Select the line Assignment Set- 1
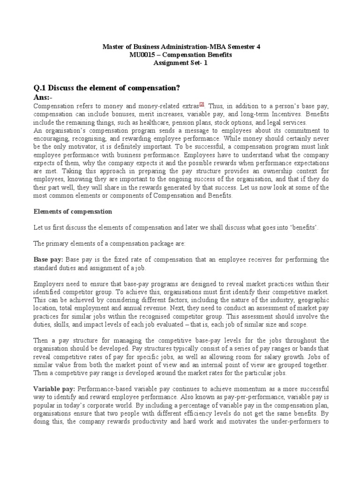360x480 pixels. (180, 63)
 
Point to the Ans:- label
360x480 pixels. (43, 97)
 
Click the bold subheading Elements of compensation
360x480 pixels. (73, 212)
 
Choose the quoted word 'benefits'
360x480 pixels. (305, 227)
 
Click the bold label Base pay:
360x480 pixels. (48, 259)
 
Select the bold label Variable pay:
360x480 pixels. (54, 389)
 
